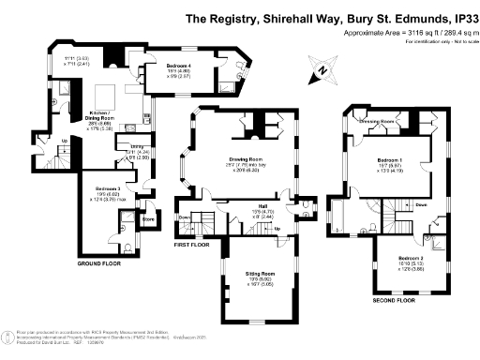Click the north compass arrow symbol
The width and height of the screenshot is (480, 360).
[322, 68]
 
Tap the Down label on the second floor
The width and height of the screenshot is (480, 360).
[397, 204]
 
